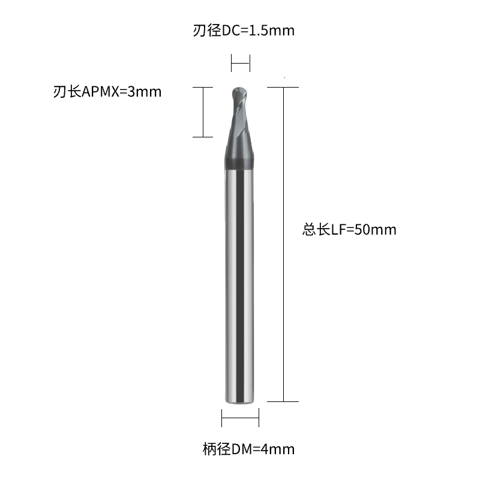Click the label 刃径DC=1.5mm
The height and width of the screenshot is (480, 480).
[x=244, y=31]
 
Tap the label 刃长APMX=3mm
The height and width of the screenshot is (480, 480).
[x=107, y=92]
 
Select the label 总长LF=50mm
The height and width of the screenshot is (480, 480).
[x=349, y=230]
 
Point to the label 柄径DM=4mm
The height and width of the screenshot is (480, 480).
[x=248, y=449]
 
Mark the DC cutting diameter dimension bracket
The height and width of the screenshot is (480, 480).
[x=241, y=63]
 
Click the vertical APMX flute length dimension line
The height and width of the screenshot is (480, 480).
[x=203, y=112]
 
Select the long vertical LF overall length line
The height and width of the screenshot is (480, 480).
[x=283, y=244]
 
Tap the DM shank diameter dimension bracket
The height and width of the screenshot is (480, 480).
[x=241, y=418]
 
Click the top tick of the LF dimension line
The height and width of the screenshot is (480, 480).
[x=283, y=87]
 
